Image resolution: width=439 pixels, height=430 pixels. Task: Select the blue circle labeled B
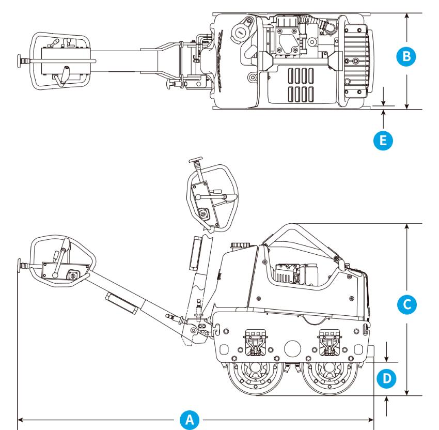[407, 56]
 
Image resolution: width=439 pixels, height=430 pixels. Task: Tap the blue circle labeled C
[407, 304]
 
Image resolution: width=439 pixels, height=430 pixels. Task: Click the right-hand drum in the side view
[330, 374]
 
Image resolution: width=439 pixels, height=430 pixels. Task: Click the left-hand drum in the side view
[254, 374]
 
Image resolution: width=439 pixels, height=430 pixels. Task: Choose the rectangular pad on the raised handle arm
[197, 253]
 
